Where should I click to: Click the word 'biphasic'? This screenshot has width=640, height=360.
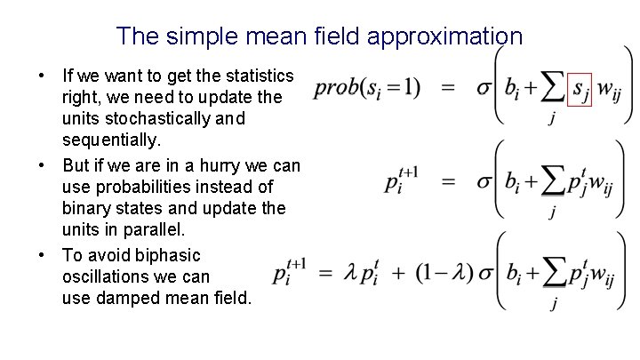pyautogui.click(x=169, y=255)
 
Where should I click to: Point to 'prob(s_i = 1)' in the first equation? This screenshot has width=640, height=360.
pyautogui.click(x=366, y=87)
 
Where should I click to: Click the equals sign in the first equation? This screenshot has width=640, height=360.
pyautogui.click(x=448, y=87)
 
